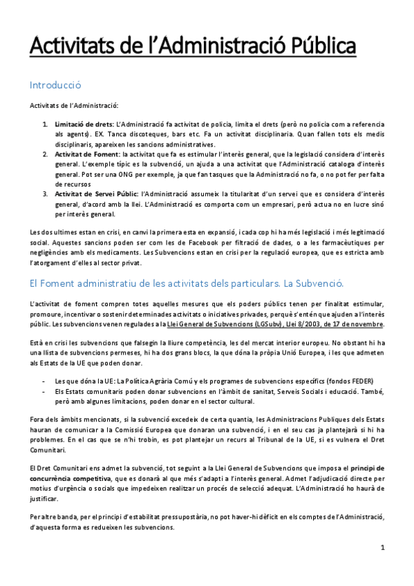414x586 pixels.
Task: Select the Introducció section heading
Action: coord(55,86)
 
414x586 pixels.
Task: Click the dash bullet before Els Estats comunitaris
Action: coord(45,390)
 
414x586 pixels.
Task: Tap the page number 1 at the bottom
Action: coord(382,548)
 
